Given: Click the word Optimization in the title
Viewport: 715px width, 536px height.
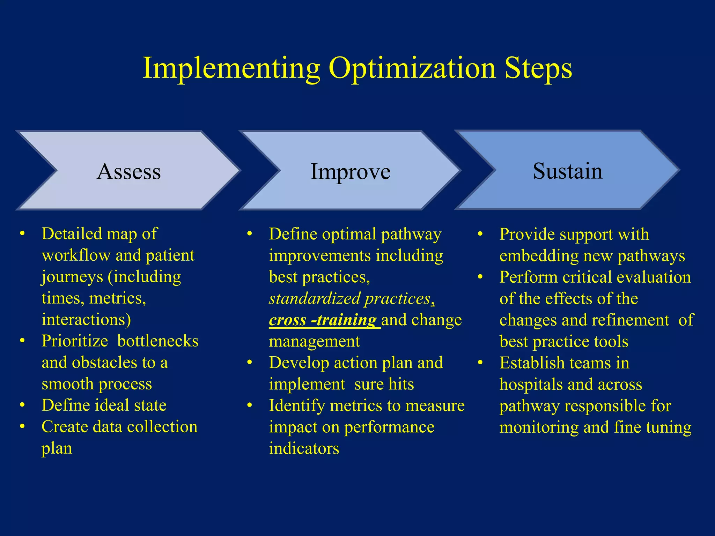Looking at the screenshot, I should pos(412,68).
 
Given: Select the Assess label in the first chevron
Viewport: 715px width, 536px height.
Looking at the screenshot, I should pos(129,171).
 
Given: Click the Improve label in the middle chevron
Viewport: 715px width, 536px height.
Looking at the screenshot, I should pos(350,171).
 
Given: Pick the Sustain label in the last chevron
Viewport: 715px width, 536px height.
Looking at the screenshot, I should pos(567,171).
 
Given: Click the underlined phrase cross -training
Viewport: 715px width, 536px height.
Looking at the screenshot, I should pos(323,320).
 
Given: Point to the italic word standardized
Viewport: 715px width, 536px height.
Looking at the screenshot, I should pos(315,299).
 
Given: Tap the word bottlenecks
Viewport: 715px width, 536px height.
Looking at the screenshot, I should pos(158,341).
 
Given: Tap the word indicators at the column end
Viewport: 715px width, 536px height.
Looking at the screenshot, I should pos(304,448).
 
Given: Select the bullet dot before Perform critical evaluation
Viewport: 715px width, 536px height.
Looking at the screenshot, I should pos(480,277).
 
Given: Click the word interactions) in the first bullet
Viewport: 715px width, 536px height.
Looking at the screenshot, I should pos(86,320).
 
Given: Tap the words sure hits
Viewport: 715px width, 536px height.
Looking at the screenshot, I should pos(384,384).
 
